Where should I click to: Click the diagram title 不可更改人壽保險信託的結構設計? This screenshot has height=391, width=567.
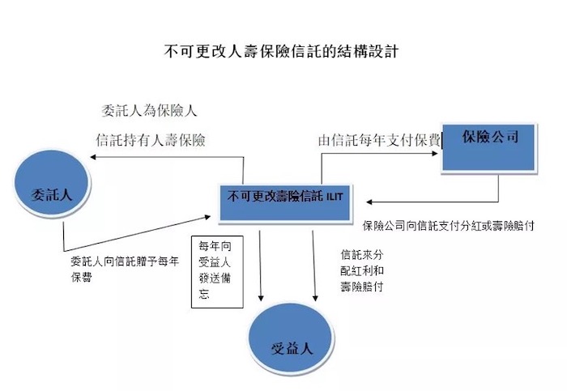[x=281, y=51]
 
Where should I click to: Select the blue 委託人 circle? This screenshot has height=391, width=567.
[x=52, y=183]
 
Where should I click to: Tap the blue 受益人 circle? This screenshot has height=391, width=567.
[x=291, y=338]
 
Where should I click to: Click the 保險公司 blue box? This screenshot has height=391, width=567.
[x=489, y=147]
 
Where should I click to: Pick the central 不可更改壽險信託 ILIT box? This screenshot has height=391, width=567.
[x=285, y=202]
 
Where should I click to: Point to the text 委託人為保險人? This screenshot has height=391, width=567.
[x=149, y=111]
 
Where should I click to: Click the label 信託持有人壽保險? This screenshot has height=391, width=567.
[x=151, y=140]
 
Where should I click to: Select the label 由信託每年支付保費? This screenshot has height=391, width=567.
[x=380, y=140]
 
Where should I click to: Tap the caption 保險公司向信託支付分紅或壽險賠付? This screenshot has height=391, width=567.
[x=449, y=226]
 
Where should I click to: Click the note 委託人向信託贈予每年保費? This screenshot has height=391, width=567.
[x=125, y=269]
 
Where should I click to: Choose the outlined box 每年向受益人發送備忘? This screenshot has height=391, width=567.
[x=217, y=272]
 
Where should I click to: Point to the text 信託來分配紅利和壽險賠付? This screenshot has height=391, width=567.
[x=361, y=270]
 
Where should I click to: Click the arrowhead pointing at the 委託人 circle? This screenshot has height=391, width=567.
[x=92, y=157]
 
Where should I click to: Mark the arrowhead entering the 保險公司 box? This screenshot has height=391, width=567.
[x=436, y=153]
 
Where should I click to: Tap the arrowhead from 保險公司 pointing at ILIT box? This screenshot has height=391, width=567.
[x=369, y=202]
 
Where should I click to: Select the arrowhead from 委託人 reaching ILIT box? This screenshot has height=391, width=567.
[x=207, y=217]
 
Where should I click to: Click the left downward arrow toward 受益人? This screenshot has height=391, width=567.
[x=260, y=266]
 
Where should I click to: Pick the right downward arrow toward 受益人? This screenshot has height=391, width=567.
[x=314, y=266]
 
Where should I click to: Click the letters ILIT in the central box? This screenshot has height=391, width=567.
[x=335, y=197]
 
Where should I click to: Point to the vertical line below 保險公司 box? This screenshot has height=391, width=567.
[x=498, y=187]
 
